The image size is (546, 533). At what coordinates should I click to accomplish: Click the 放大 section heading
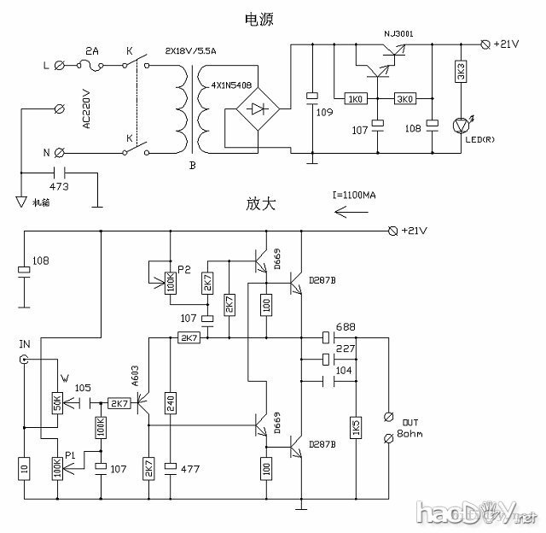click(x=263, y=204)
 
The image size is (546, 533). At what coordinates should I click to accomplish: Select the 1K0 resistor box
click(x=353, y=99)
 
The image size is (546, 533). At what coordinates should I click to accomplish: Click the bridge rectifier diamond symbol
click(x=257, y=108)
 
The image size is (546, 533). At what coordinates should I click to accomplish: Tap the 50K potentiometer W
click(x=57, y=401)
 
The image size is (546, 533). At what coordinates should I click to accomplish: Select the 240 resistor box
click(x=171, y=403)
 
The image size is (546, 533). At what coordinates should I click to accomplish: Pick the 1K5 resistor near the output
click(x=356, y=427)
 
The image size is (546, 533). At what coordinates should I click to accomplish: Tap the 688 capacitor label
click(x=346, y=327)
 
